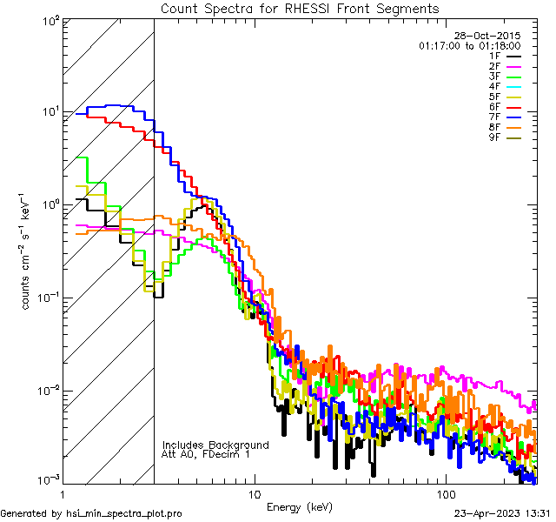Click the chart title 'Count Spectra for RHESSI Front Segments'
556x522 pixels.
click(300, 9)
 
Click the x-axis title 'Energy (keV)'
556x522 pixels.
click(298, 506)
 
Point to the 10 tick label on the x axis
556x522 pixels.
click(254, 492)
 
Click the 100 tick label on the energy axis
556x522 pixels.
click(445, 492)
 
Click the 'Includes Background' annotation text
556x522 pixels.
click(215, 445)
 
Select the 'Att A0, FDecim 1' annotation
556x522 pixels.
click(206, 454)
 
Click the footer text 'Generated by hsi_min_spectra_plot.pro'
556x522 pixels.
click(91, 513)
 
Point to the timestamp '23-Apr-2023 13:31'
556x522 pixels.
click(501, 513)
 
